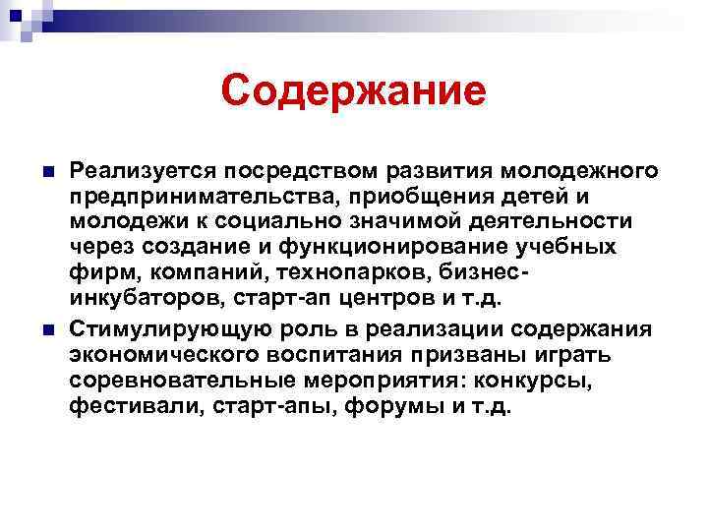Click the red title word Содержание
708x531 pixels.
tap(354, 91)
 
